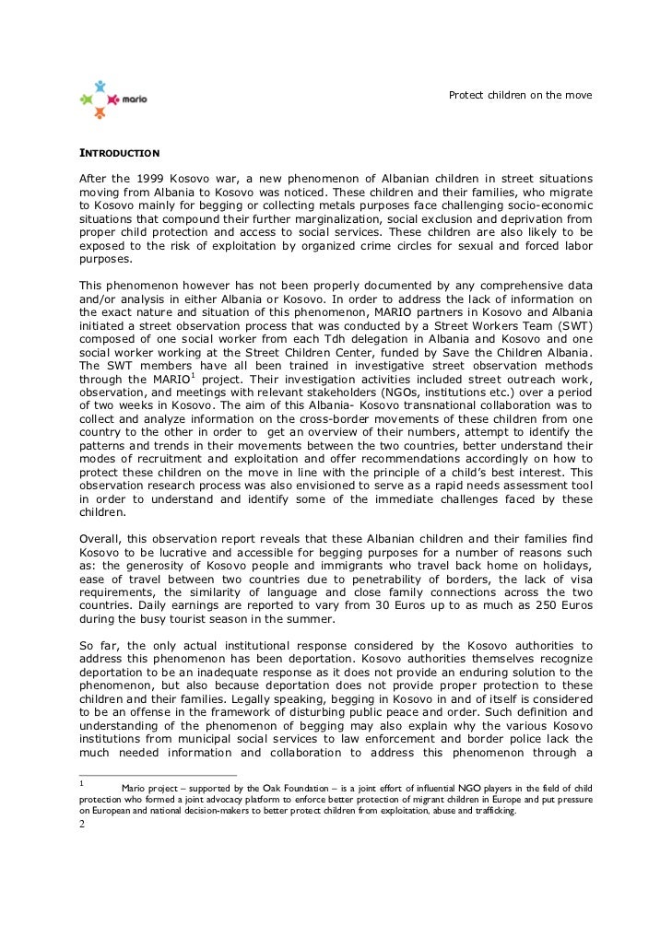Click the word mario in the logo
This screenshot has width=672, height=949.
135,99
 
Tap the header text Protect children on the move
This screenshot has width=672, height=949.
520,96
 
